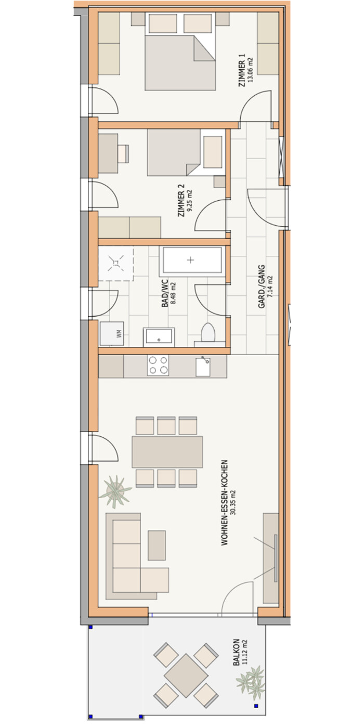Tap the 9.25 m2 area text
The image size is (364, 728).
tap(189, 201)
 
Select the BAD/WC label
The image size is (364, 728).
tap(165, 293)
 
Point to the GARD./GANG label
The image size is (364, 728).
tap(262, 287)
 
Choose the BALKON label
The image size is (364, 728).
tap(236, 652)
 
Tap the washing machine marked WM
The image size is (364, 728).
tap(112, 334)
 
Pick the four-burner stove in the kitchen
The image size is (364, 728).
tap(158, 365)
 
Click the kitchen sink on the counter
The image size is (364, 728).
tap(203, 367)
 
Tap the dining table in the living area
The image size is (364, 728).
tap(167, 452)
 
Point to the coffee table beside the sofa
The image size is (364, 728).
tap(157, 545)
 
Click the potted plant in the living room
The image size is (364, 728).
tap(115, 491)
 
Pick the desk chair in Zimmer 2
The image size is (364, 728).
tap(123, 154)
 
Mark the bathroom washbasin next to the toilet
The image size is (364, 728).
tap(159, 336)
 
